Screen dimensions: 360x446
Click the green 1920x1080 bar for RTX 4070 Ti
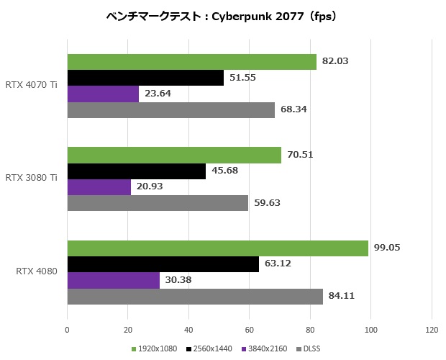(191, 62)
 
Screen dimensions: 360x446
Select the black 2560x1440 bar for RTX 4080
(163, 264)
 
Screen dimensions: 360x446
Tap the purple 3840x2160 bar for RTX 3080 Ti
(99, 187)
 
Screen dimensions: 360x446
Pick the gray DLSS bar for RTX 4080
(194, 296)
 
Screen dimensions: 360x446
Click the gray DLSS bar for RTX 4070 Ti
(170, 110)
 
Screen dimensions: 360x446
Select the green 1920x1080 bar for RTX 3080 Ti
(173, 155)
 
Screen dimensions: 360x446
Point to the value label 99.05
(387, 248)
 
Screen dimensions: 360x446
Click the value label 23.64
(158, 94)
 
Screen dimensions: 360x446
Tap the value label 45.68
(224, 171)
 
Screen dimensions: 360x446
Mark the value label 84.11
(342, 296)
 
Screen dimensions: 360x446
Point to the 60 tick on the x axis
(249, 330)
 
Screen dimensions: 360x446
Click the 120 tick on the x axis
(431, 330)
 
